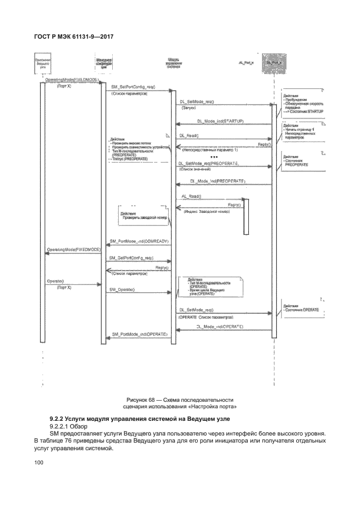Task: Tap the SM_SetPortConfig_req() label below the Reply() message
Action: (x=131, y=257)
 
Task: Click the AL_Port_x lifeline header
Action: (x=246, y=64)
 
